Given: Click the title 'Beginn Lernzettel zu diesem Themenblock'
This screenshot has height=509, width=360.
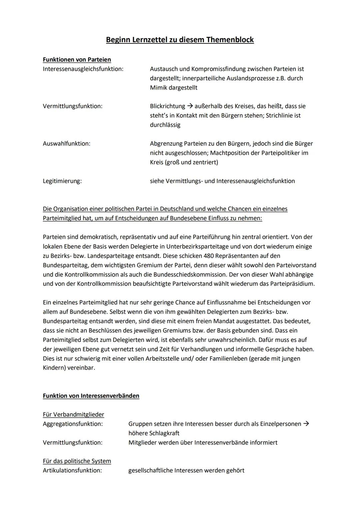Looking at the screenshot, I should point(180,40).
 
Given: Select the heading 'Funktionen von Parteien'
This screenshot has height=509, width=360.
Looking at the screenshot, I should point(77,59).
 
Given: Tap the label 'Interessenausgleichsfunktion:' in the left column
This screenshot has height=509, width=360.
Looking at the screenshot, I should point(83,69).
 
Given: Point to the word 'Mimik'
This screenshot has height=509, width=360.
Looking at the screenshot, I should point(159,88).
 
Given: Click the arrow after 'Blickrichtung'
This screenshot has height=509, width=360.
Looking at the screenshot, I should point(190,106).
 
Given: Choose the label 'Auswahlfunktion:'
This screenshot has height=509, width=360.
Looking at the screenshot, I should point(67,143).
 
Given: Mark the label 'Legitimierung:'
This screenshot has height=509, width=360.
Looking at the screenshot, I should point(62,181).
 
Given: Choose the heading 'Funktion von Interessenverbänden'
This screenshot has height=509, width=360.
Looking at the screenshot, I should point(91,396).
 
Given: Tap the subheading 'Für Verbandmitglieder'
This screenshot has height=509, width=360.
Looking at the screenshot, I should point(73,414).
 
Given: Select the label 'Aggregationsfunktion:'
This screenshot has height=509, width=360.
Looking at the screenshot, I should point(73,424).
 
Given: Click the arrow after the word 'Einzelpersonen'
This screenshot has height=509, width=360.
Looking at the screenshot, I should point(306,424).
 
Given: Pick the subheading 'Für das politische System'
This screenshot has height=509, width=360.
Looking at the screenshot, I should point(77,461).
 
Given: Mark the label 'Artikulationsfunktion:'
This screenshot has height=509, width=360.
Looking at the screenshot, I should point(72,470).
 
